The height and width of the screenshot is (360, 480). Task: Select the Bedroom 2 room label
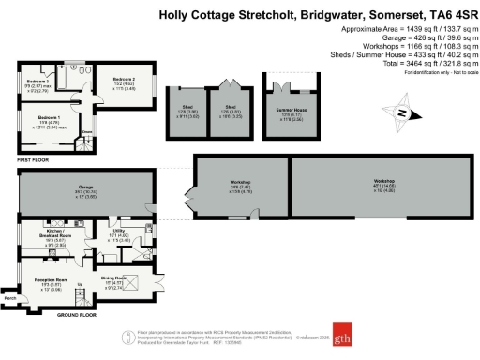point(125,80)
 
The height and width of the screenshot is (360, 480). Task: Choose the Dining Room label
point(112,277)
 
